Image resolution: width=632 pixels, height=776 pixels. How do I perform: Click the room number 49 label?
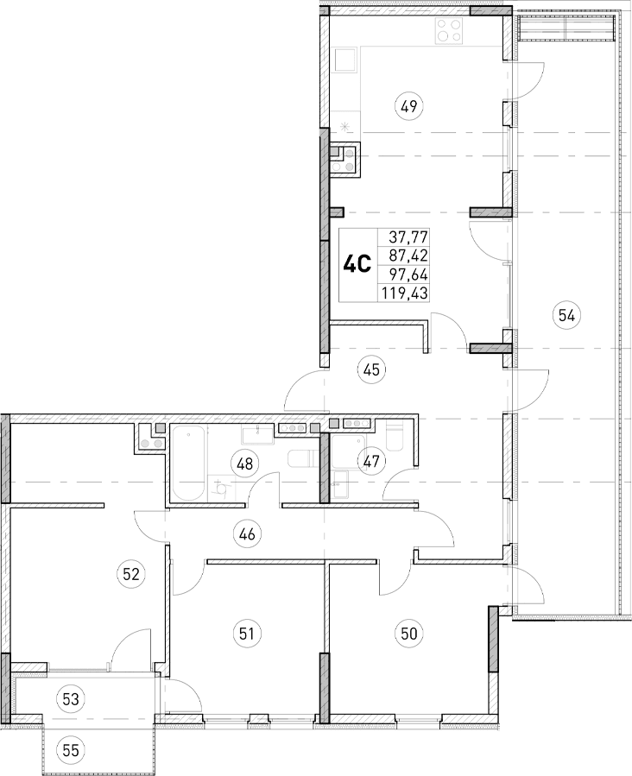(x=408, y=107)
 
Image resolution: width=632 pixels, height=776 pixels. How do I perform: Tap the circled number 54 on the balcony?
(x=566, y=315)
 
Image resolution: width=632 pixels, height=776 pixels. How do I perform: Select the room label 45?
(x=372, y=370)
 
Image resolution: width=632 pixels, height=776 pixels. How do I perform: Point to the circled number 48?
(x=245, y=464)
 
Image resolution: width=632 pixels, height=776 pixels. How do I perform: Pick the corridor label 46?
(x=249, y=534)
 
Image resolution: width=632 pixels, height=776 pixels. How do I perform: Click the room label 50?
(x=408, y=634)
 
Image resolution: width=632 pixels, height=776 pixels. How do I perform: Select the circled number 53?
(x=71, y=697)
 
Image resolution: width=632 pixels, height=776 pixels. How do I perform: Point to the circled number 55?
(x=71, y=750)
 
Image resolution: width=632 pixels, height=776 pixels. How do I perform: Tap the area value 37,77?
(x=409, y=236)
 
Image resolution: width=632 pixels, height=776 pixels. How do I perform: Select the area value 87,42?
(x=409, y=255)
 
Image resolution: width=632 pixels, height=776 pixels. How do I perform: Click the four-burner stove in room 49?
(x=448, y=31)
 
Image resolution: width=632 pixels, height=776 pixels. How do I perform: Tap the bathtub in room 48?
(x=189, y=464)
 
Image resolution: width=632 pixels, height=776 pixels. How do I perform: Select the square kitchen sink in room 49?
(x=347, y=61)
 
